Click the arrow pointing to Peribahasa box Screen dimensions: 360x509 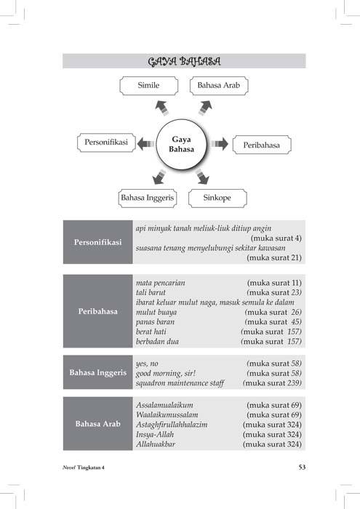(x=220, y=144)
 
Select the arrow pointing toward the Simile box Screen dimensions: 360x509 (x=162, y=108)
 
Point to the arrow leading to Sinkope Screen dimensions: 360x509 (x=202, y=177)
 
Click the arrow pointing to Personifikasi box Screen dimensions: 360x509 (x=145, y=144)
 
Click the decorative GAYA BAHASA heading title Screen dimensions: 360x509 (x=185, y=61)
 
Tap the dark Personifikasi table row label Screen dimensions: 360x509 (x=98, y=242)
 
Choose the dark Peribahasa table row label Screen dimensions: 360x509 (x=98, y=311)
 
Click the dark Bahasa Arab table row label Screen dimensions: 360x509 (x=98, y=424)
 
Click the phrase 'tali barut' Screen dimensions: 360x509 (x=151, y=292)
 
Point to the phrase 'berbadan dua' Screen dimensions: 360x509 (x=157, y=342)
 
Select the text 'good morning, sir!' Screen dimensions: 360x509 (x=166, y=373)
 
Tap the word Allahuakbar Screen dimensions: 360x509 (x=156, y=444)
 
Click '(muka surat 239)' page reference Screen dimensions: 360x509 (x=272, y=383)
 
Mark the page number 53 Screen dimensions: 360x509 (x=303, y=467)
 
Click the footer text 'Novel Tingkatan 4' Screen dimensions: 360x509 (x=84, y=468)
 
